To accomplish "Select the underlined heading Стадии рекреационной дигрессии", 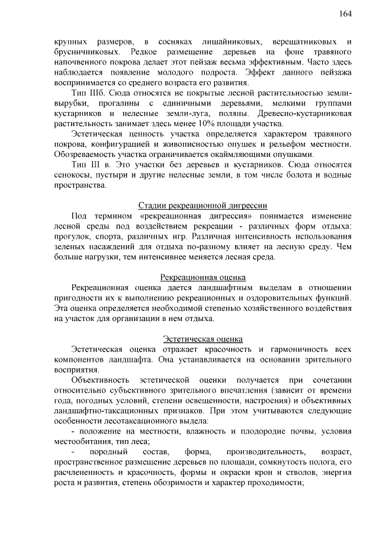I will click(x=203, y=206).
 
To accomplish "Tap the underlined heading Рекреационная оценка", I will click(x=203, y=277).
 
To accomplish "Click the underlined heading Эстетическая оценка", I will click(x=203, y=339).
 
